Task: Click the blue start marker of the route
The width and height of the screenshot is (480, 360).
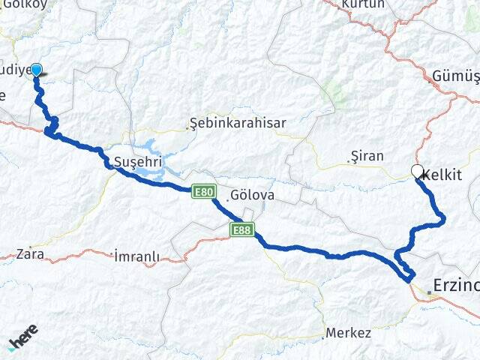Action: pyautogui.click(x=35, y=70)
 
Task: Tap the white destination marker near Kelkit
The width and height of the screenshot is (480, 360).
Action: pyautogui.click(x=417, y=171)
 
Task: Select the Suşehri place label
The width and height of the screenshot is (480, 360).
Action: pyautogui.click(x=134, y=161)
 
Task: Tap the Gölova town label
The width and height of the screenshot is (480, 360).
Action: pyautogui.click(x=253, y=194)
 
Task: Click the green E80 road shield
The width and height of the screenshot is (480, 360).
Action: pyautogui.click(x=203, y=191)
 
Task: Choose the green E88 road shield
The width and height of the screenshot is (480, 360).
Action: pyautogui.click(x=242, y=229)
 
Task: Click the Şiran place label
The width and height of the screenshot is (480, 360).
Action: pyautogui.click(x=367, y=156)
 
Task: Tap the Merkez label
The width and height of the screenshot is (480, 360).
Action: pyautogui.click(x=348, y=332)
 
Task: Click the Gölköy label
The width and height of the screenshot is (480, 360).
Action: pyautogui.click(x=24, y=4)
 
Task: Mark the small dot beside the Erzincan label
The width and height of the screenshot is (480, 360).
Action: pyautogui.click(x=429, y=292)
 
